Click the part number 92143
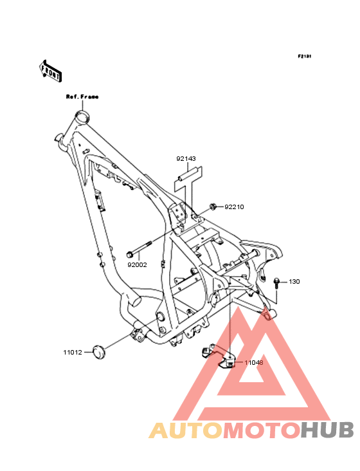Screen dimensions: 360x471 pos(186,158)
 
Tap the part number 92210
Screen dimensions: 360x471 pos(234,207)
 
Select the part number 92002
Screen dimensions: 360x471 pos(137,265)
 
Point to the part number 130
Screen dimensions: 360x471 pos(294,282)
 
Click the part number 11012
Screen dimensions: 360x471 pos(73,353)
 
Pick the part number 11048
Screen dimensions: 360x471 pos(254,362)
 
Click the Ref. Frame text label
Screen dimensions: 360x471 pos(82,97)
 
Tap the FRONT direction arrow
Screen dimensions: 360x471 pos(51,71)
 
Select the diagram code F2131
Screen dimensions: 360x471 pos(305,56)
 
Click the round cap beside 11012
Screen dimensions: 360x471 pos(99,353)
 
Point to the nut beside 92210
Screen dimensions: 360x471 pos(213,207)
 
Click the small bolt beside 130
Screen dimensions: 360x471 pos(276,283)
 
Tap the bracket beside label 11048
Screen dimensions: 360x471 pos(219,356)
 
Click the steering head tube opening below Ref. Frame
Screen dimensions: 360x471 pos(82,116)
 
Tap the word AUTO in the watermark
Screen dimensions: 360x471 pos(186,430)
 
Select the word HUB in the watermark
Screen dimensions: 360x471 pos(327,430)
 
